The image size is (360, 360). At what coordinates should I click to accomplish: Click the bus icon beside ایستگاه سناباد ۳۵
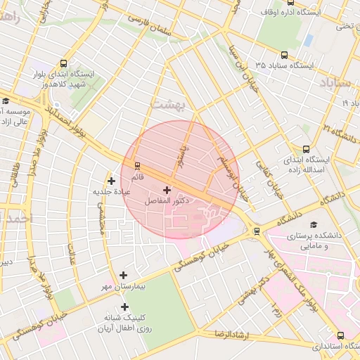click(284, 55)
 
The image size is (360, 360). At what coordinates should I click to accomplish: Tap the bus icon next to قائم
click(136, 166)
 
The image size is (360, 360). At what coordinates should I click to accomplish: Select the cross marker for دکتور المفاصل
click(167, 190)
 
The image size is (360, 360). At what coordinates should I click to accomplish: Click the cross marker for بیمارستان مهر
click(124, 276)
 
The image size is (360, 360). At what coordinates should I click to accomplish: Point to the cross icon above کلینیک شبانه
click(124, 307)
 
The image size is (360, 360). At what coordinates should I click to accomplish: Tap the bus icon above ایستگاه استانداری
click(341, 335)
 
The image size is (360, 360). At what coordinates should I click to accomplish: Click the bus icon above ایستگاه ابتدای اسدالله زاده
click(306, 149)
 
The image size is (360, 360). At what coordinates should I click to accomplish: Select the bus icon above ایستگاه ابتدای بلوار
click(65, 63)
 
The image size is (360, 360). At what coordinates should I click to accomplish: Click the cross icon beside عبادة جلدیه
click(112, 181)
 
